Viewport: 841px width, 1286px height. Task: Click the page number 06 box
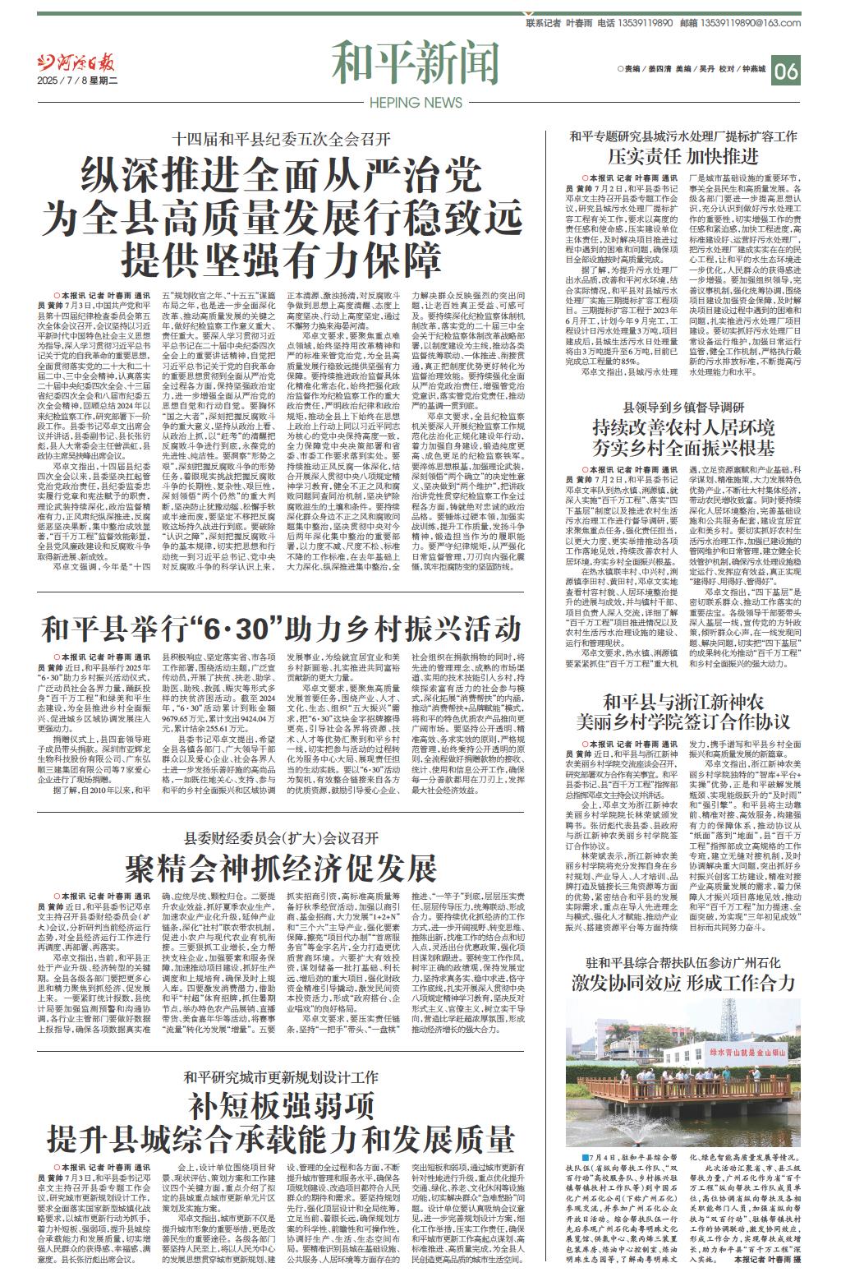pyautogui.click(x=786, y=71)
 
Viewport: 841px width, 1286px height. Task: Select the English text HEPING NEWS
pyautogui.click(x=416, y=103)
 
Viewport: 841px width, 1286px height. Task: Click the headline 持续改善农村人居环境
pyautogui.click(x=683, y=428)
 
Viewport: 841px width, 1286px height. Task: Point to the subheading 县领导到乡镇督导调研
pyautogui.click(x=683, y=407)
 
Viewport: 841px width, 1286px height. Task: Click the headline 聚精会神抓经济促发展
pyautogui.click(x=279, y=866)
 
